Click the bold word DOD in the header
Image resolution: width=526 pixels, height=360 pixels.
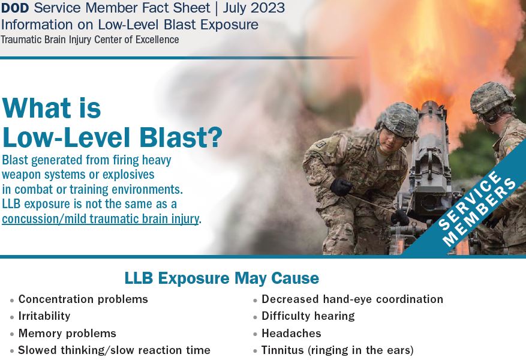tap(15, 8)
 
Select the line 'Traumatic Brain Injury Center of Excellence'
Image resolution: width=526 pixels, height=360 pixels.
tap(90, 40)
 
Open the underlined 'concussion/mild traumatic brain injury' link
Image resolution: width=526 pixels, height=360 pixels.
tap(100, 219)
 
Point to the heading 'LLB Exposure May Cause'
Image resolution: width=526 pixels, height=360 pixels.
tap(222, 278)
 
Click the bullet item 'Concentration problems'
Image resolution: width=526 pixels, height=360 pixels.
tap(83, 299)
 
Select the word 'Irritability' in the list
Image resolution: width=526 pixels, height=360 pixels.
tap(44, 316)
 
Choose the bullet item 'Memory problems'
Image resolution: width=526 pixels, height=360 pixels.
tap(67, 333)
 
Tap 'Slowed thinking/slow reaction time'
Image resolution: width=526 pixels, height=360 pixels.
tap(114, 350)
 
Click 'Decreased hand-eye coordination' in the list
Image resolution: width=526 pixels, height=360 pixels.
tap(352, 299)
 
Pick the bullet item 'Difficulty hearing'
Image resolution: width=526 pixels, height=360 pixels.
tap(308, 316)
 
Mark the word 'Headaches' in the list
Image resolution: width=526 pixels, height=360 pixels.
tap(291, 333)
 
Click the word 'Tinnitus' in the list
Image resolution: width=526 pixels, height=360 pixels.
tap(282, 350)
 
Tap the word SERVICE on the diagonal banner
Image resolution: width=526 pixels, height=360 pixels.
tap(470, 200)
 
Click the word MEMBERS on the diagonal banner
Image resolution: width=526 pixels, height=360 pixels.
tap(480, 212)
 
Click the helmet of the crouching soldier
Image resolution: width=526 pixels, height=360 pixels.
tap(399, 120)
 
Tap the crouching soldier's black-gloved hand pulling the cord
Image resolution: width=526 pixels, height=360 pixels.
tap(341, 187)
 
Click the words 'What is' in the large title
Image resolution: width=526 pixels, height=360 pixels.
tap(52, 108)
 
